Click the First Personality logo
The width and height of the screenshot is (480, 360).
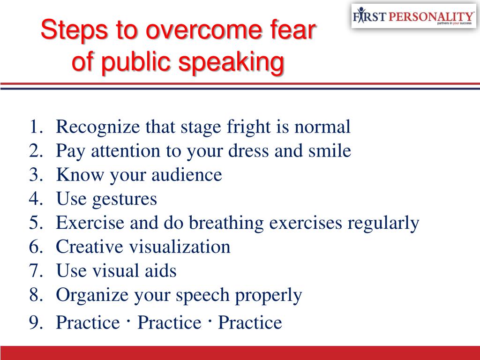(x=413, y=16)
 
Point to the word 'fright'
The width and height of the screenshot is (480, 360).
(x=248, y=127)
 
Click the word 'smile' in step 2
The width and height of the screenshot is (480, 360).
(x=330, y=150)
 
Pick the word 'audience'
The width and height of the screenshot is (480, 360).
(x=187, y=175)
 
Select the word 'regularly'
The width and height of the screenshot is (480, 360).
(x=383, y=223)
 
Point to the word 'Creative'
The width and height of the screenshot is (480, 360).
(x=90, y=247)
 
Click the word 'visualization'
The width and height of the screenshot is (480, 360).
(x=180, y=247)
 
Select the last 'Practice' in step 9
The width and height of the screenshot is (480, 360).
(x=250, y=322)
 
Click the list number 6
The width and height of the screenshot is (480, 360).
(x=36, y=247)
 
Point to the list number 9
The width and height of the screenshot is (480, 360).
(x=36, y=322)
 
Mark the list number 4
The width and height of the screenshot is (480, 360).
(x=36, y=199)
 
